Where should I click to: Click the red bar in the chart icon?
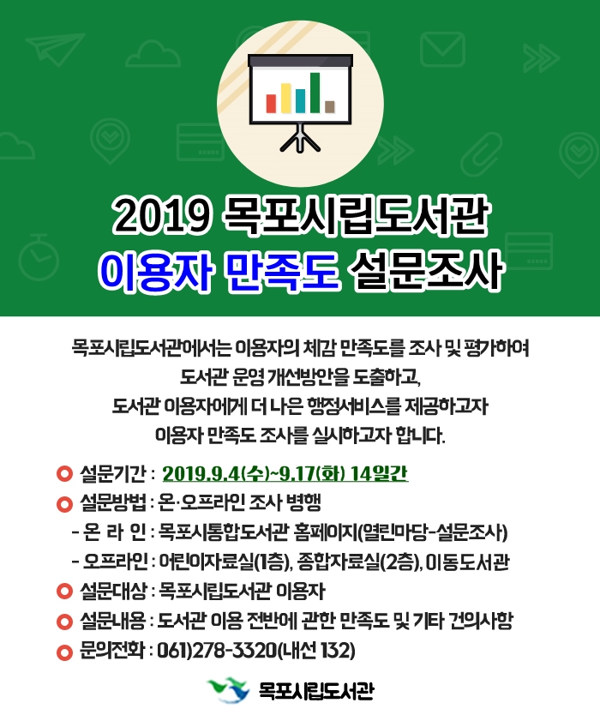[x=271, y=104]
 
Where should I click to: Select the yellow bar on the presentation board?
[x=285, y=98]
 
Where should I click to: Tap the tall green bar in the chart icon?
[x=315, y=93]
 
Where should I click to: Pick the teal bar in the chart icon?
[x=301, y=100]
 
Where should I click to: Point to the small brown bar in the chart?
[x=330, y=106]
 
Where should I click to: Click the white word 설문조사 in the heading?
[x=426, y=270]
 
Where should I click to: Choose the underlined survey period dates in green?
[x=285, y=473]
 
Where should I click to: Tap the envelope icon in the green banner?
[x=442, y=50]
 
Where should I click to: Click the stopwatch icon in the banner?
[x=39, y=258]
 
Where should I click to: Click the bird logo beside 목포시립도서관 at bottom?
[x=228, y=690]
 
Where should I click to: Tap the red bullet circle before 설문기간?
[x=64, y=474]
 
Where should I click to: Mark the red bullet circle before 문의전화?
[x=64, y=652]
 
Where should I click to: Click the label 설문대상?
[x=112, y=592]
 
